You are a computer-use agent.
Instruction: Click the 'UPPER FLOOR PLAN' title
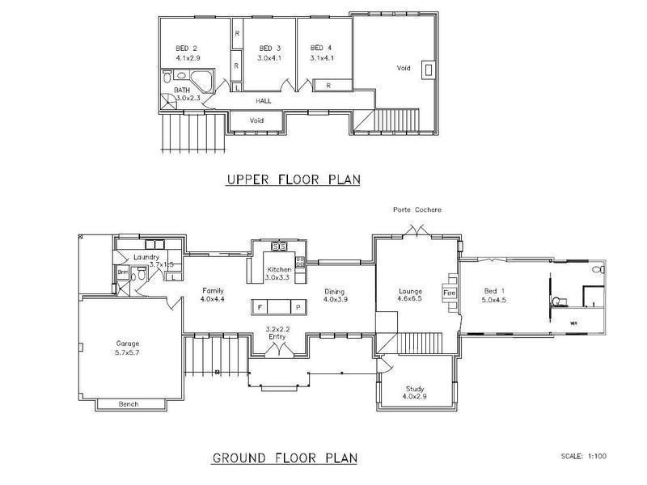[293, 179]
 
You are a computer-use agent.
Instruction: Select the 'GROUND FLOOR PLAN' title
[284, 458]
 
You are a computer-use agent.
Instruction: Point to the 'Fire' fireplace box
[450, 292]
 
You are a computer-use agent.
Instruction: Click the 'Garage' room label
[128, 344]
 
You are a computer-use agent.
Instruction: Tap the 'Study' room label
[414, 389]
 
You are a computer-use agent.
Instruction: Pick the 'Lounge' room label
[412, 291]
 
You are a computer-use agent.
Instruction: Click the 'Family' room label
[213, 291]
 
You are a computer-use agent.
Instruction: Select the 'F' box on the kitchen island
[261, 307]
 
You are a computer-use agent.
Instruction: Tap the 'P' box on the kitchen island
[297, 307]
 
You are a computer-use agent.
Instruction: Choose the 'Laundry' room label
[146, 257]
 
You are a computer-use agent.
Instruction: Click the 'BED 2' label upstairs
[187, 48]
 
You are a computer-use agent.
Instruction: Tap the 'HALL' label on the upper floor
[264, 101]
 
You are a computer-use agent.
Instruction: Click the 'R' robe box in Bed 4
[328, 85]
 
